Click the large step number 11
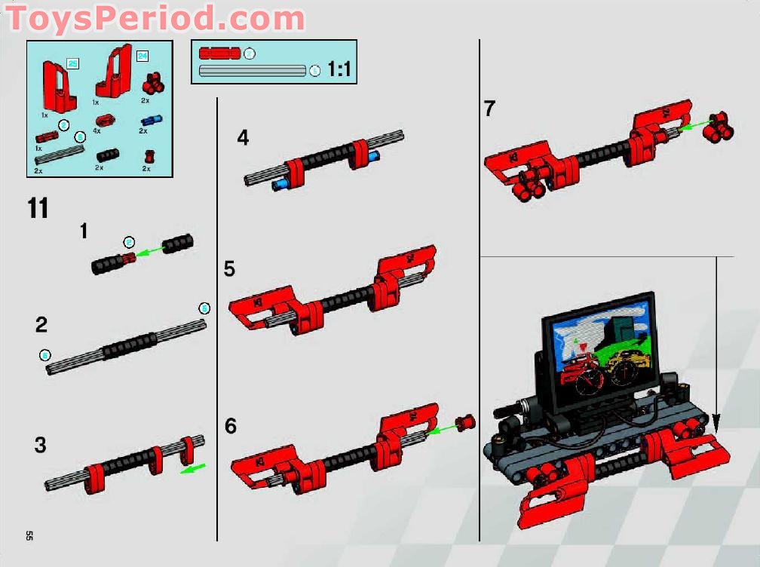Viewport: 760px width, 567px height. point(38,208)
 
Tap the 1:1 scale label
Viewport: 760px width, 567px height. point(339,70)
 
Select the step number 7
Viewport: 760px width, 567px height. point(490,109)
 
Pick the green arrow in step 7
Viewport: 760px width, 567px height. point(694,124)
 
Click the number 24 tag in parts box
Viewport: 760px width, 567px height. point(142,56)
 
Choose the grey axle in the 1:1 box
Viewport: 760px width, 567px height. point(253,71)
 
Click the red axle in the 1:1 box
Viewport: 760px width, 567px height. point(219,54)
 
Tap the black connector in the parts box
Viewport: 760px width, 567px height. point(106,155)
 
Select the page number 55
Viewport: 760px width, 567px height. point(29,535)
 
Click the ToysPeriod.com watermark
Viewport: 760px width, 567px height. point(155,17)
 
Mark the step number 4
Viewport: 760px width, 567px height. point(242,138)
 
